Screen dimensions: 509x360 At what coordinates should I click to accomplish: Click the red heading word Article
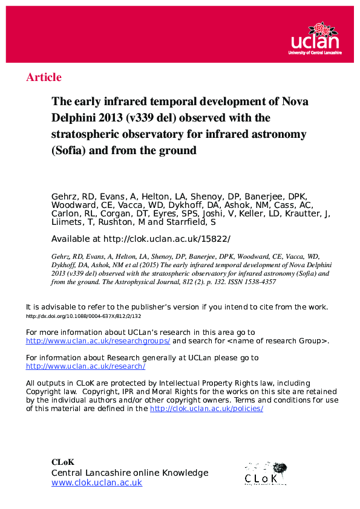coord(44,77)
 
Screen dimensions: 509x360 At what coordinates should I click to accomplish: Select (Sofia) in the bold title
coord(68,150)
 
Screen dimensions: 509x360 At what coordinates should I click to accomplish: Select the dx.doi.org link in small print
coord(83,316)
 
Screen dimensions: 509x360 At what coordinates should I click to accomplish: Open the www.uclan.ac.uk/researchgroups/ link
coord(98,341)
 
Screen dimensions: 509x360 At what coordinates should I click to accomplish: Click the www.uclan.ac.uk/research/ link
coord(85,366)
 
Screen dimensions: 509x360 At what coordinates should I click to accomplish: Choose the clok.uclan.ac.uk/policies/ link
coord(206,408)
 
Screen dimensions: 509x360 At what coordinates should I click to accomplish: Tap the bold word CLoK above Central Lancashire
coord(63,462)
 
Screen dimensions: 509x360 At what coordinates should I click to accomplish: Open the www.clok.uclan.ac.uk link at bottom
coord(97,482)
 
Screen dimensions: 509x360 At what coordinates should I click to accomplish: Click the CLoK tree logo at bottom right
coord(266,473)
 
